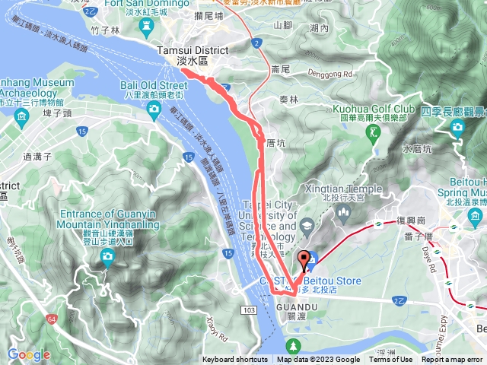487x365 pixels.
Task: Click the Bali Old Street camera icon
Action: tap(154, 110)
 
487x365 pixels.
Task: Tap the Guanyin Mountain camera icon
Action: tap(108, 257)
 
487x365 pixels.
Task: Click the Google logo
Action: tap(29, 354)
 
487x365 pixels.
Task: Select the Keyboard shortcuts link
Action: tap(235, 360)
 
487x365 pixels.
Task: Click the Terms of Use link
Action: tap(390, 360)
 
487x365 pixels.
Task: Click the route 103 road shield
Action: tap(250, 290)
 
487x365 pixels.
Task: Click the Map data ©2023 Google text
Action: tap(318, 360)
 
